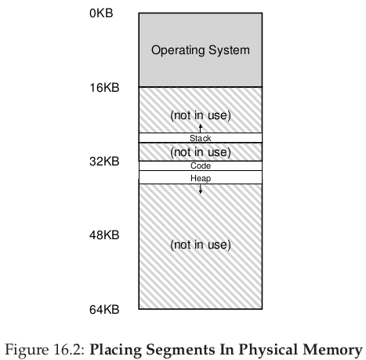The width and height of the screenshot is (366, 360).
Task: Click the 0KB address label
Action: [101, 13]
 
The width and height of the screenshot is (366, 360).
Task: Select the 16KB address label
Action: [104, 88]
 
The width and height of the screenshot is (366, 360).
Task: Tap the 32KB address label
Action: [104, 162]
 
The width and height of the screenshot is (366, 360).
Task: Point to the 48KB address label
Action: [104, 235]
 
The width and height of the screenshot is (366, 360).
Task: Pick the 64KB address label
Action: [104, 310]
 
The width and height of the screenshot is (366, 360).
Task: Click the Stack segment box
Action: [201, 138]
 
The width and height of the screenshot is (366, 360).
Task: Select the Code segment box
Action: [201, 165]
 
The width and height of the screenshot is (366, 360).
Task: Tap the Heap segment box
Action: [201, 177]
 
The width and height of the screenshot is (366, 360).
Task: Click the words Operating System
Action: [201, 50]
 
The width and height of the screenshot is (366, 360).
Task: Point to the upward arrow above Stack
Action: [201, 129]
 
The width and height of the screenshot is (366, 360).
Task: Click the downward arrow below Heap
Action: [201, 189]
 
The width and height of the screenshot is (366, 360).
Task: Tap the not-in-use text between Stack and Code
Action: [201, 152]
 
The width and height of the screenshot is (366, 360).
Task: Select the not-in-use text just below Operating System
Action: [201, 115]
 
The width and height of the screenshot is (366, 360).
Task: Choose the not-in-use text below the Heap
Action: [201, 245]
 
